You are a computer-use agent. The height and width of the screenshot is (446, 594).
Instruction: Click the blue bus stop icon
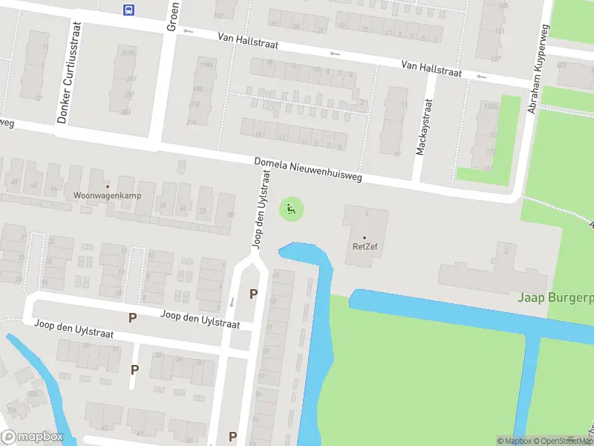click(x=129, y=9)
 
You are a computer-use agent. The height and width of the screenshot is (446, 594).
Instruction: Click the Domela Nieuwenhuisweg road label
click(x=308, y=169)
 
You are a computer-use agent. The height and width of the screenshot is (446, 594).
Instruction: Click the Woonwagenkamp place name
click(x=108, y=195)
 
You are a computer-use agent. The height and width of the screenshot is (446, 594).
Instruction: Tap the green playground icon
click(x=291, y=210)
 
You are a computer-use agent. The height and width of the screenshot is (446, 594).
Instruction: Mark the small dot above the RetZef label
click(x=365, y=237)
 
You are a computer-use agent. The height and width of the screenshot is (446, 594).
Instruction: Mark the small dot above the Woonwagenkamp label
click(x=108, y=186)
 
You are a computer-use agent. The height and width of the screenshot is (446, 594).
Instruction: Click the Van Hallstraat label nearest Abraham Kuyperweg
click(x=431, y=68)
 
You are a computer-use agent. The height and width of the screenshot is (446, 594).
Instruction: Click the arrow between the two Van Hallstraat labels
click(x=335, y=54)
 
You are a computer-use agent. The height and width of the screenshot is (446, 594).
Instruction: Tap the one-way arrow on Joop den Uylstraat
click(x=232, y=302)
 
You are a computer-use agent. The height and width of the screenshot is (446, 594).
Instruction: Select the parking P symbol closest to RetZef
click(x=253, y=294)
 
